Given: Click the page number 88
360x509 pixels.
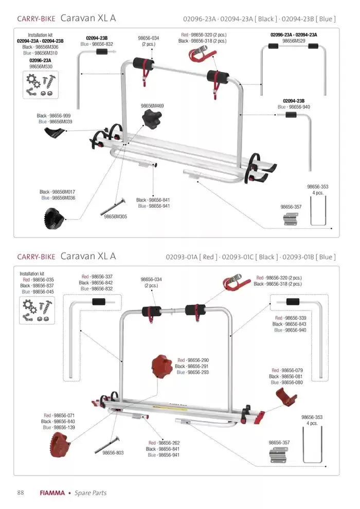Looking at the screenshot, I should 21,493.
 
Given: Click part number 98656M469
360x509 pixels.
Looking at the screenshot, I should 152,105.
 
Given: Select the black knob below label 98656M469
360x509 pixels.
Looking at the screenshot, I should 151,120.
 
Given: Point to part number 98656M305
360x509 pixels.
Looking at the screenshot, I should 115,216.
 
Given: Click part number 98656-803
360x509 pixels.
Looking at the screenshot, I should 113,453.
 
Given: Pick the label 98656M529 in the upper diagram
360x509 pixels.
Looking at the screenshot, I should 294,41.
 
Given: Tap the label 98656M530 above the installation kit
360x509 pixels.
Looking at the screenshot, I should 40,66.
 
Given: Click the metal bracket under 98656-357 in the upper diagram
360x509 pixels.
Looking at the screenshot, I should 291,219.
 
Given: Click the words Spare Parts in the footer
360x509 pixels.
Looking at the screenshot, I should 91,493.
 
